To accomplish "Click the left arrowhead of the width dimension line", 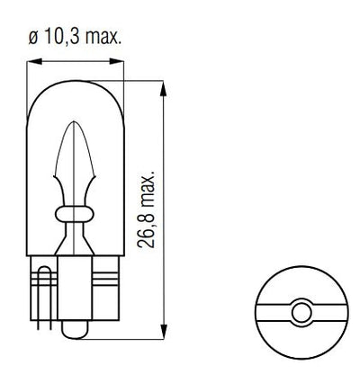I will [36, 61].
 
